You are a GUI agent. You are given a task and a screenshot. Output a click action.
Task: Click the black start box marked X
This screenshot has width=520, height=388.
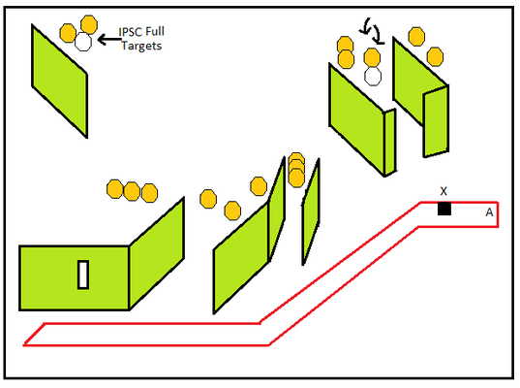444,209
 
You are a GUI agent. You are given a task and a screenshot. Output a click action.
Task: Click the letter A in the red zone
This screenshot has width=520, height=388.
489,212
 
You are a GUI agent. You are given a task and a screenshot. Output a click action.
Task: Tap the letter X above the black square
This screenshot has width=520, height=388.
444,191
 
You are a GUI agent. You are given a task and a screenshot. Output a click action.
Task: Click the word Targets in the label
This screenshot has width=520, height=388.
141,46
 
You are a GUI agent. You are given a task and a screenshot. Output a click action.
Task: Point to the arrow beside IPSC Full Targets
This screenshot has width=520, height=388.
109,40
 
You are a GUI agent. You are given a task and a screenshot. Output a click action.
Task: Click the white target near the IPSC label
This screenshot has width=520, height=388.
83,42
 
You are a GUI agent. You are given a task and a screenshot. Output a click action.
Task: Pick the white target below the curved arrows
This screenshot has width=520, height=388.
373,76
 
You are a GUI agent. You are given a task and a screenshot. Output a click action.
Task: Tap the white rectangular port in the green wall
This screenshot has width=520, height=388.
83,275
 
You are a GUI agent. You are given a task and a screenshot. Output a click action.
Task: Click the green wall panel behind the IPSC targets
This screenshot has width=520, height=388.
59,81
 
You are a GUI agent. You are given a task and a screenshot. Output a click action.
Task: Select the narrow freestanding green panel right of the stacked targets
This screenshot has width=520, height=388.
311,211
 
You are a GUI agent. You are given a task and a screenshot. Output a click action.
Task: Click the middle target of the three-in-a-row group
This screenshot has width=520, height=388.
132,191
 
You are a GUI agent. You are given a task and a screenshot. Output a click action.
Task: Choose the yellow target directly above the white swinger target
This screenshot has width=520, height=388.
372,57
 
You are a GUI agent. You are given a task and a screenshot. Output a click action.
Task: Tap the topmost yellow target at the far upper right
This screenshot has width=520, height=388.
416,37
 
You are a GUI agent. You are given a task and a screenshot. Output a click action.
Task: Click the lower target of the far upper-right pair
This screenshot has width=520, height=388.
435,57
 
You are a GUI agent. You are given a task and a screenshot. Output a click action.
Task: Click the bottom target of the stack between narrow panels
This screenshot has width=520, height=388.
296,178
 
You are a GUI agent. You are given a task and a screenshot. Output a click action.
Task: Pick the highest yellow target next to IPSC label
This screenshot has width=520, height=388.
89,24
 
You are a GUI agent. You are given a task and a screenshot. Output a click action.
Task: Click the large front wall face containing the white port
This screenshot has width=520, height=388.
75,278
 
